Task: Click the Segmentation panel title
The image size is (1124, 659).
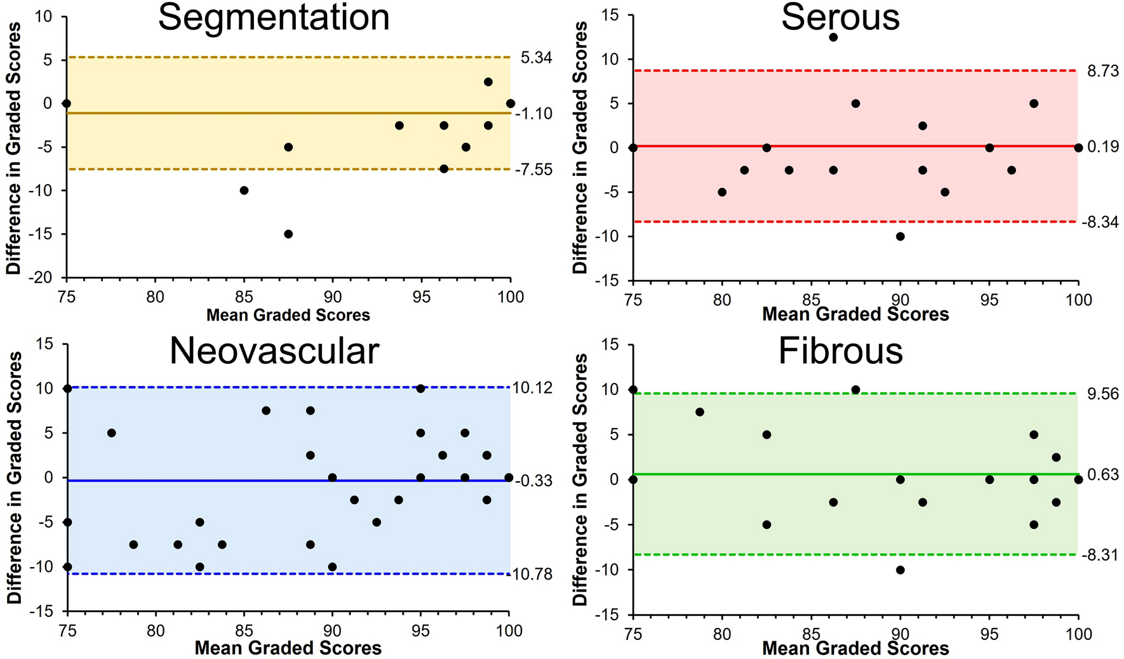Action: tap(274, 18)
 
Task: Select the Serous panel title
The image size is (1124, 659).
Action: tap(840, 18)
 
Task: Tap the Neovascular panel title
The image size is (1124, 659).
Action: tap(274, 350)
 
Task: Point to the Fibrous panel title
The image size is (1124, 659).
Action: tap(840, 350)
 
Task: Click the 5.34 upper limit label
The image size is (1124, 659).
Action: tap(536, 58)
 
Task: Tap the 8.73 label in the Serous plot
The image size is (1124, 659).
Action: tap(1102, 71)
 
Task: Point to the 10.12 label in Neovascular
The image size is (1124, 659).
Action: tap(532, 388)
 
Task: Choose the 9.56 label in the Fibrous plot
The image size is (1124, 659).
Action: tap(1102, 394)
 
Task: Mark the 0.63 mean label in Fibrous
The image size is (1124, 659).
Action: tap(1102, 475)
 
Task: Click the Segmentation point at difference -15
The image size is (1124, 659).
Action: tap(288, 234)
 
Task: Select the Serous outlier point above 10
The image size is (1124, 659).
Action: tap(833, 37)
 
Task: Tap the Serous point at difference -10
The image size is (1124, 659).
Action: tap(900, 236)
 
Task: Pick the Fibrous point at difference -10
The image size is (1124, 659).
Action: tap(900, 570)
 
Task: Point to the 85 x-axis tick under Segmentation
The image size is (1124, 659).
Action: tap(244, 296)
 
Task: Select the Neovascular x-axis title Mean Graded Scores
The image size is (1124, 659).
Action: tap(288, 648)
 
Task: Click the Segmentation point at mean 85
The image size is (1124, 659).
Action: tap(244, 190)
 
